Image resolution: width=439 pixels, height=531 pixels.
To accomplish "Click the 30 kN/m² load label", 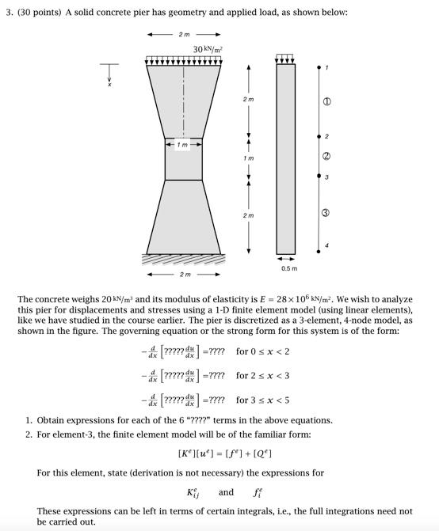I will click(208, 49).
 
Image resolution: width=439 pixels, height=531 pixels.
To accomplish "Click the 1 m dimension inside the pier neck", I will click(184, 144).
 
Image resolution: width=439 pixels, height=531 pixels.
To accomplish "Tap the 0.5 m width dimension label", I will click(289, 268).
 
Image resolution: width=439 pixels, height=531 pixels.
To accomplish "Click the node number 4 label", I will click(326, 245).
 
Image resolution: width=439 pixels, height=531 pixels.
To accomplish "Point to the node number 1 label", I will click(326, 68).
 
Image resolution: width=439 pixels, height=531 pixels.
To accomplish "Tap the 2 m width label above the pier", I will click(184, 35).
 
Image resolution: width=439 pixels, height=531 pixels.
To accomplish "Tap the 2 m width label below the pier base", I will click(184, 275).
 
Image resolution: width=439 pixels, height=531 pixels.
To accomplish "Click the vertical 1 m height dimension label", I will click(249, 158).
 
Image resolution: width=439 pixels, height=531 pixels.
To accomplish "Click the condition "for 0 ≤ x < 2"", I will click(262, 351).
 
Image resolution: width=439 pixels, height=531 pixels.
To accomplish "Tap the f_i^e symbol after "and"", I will click(258, 492).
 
